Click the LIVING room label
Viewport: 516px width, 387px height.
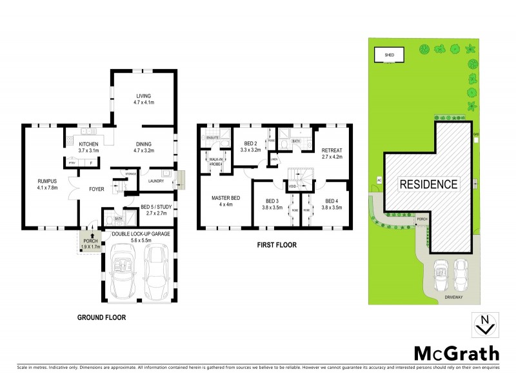[x=143, y=96]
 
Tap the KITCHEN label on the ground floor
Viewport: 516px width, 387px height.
[x=88, y=144]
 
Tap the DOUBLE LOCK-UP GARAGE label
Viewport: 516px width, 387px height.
[x=140, y=233]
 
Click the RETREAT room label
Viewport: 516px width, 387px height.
[x=332, y=150]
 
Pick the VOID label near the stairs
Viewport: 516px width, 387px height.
[x=292, y=187]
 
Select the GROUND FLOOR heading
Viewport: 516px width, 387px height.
[x=101, y=317]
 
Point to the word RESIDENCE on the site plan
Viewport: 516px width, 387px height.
[x=430, y=184]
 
